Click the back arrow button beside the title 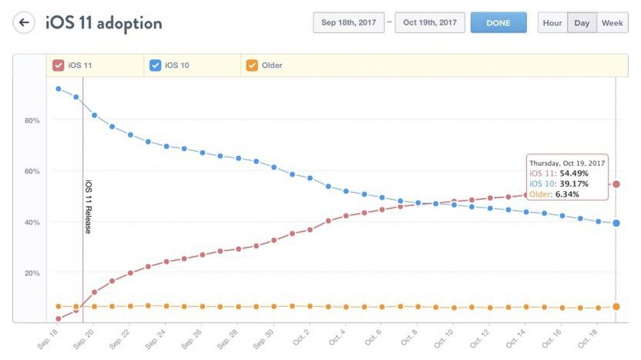click(24, 23)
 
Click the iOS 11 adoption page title click(103, 23)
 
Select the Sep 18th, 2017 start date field click(349, 22)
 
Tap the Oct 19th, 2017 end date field click(429, 22)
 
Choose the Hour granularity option click(552, 22)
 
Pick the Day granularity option click(581, 22)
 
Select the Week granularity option click(612, 22)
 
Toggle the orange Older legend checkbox click(252, 65)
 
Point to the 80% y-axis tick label click(32, 120)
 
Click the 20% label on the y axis click(32, 273)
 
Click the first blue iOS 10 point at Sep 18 click(58, 88)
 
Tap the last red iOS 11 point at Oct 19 click(616, 184)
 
